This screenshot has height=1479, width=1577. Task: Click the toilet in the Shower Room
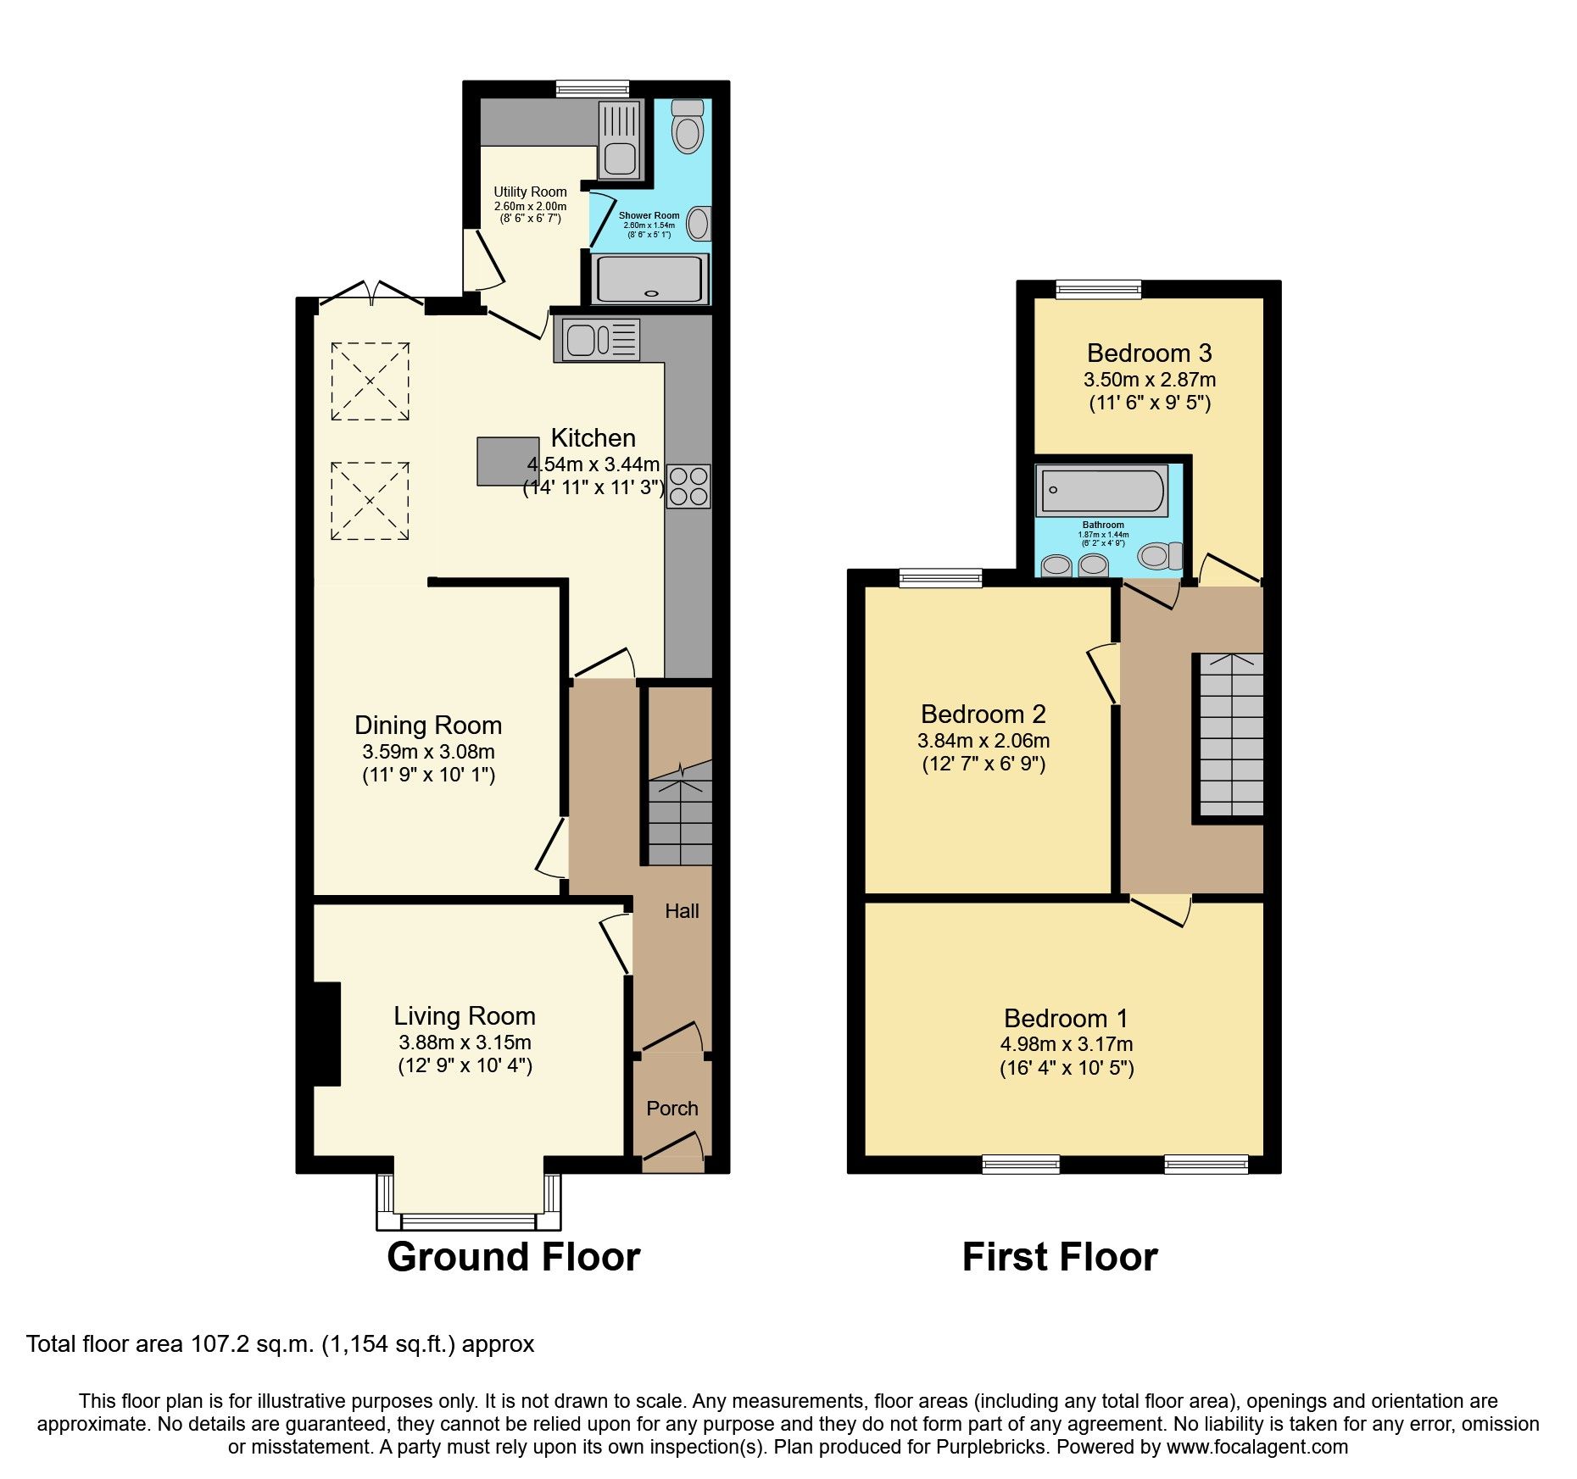pyautogui.click(x=688, y=128)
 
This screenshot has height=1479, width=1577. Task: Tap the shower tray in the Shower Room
pyautogui.click(x=650, y=279)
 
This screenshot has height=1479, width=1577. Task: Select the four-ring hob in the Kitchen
pyautogui.click(x=688, y=487)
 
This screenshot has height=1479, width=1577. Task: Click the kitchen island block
pyautogui.click(x=507, y=461)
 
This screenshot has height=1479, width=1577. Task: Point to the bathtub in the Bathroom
pyautogui.click(x=1101, y=491)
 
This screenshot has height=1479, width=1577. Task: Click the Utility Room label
pyautogui.click(x=530, y=192)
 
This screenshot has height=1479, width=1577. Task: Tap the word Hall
pyautogui.click(x=682, y=911)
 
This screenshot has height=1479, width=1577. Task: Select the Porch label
pyautogui.click(x=672, y=1109)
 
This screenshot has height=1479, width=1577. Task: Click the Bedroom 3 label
pyautogui.click(x=1149, y=353)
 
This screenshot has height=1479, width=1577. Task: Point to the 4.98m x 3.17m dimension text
pyautogui.click(x=1066, y=1045)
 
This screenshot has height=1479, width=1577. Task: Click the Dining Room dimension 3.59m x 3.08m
pyautogui.click(x=428, y=752)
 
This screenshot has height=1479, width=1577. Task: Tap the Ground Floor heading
pyautogui.click(x=513, y=1257)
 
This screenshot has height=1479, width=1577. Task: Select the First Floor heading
pyautogui.click(x=1059, y=1257)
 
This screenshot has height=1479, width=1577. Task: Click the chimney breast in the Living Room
pyautogui.click(x=326, y=1033)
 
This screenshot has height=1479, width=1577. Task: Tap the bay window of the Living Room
pyautogui.click(x=468, y=1220)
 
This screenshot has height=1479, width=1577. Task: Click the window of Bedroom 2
pyautogui.click(x=940, y=579)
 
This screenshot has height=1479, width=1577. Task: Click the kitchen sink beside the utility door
pyautogui.click(x=597, y=340)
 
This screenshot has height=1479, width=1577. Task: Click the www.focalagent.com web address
pyautogui.click(x=1257, y=1447)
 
